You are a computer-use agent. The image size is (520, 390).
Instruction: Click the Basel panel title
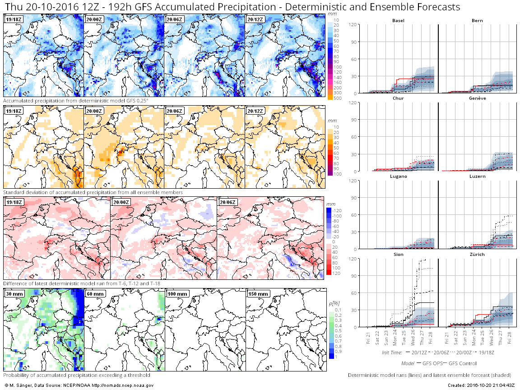398,21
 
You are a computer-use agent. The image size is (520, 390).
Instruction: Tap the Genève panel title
477,98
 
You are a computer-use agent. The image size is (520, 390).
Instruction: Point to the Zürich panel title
477,255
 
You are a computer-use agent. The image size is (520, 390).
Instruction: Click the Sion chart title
398,255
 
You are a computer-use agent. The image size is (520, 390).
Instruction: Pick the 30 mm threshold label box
14,294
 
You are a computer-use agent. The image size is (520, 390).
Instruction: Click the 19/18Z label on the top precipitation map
13,19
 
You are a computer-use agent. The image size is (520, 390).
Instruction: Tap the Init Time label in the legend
392,352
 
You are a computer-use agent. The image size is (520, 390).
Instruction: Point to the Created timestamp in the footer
481,385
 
